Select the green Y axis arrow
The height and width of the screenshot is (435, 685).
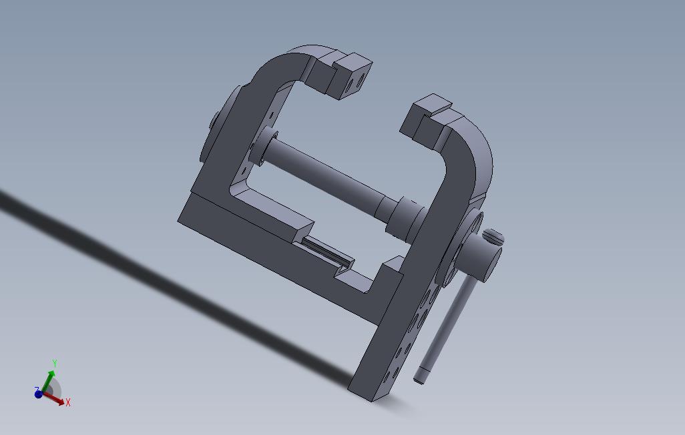tap(48, 380)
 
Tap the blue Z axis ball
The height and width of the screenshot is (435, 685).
tap(39, 394)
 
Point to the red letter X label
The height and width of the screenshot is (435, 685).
tap(68, 402)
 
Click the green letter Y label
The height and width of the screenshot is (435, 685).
tap(55, 364)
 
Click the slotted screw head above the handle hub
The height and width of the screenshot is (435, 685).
tap(493, 237)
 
